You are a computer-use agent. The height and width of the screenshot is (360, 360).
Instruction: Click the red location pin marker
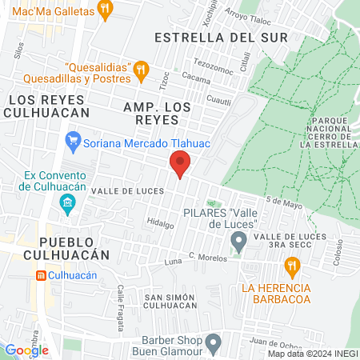pyautogui.click(x=180, y=165)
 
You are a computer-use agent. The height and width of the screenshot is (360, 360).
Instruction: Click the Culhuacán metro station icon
pyautogui.click(x=42, y=274)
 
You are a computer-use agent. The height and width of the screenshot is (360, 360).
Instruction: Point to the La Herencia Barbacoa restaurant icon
pyautogui.click(x=294, y=265)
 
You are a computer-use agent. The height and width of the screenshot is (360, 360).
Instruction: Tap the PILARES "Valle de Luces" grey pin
pyautogui.click(x=238, y=241)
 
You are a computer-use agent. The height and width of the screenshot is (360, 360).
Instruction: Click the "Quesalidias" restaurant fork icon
pyautogui.click(x=141, y=69)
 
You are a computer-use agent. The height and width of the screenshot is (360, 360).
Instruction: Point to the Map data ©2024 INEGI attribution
pyautogui.click(x=313, y=354)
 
